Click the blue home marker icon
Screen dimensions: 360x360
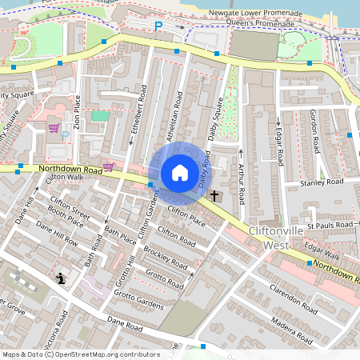(x=180, y=173)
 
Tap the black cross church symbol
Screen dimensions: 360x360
(x=214, y=194)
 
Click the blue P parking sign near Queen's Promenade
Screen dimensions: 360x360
(x=158, y=26)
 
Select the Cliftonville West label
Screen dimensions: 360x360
(x=274, y=238)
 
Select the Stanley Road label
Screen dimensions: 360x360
(x=322, y=182)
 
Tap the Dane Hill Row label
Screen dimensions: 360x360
(x=56, y=234)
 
